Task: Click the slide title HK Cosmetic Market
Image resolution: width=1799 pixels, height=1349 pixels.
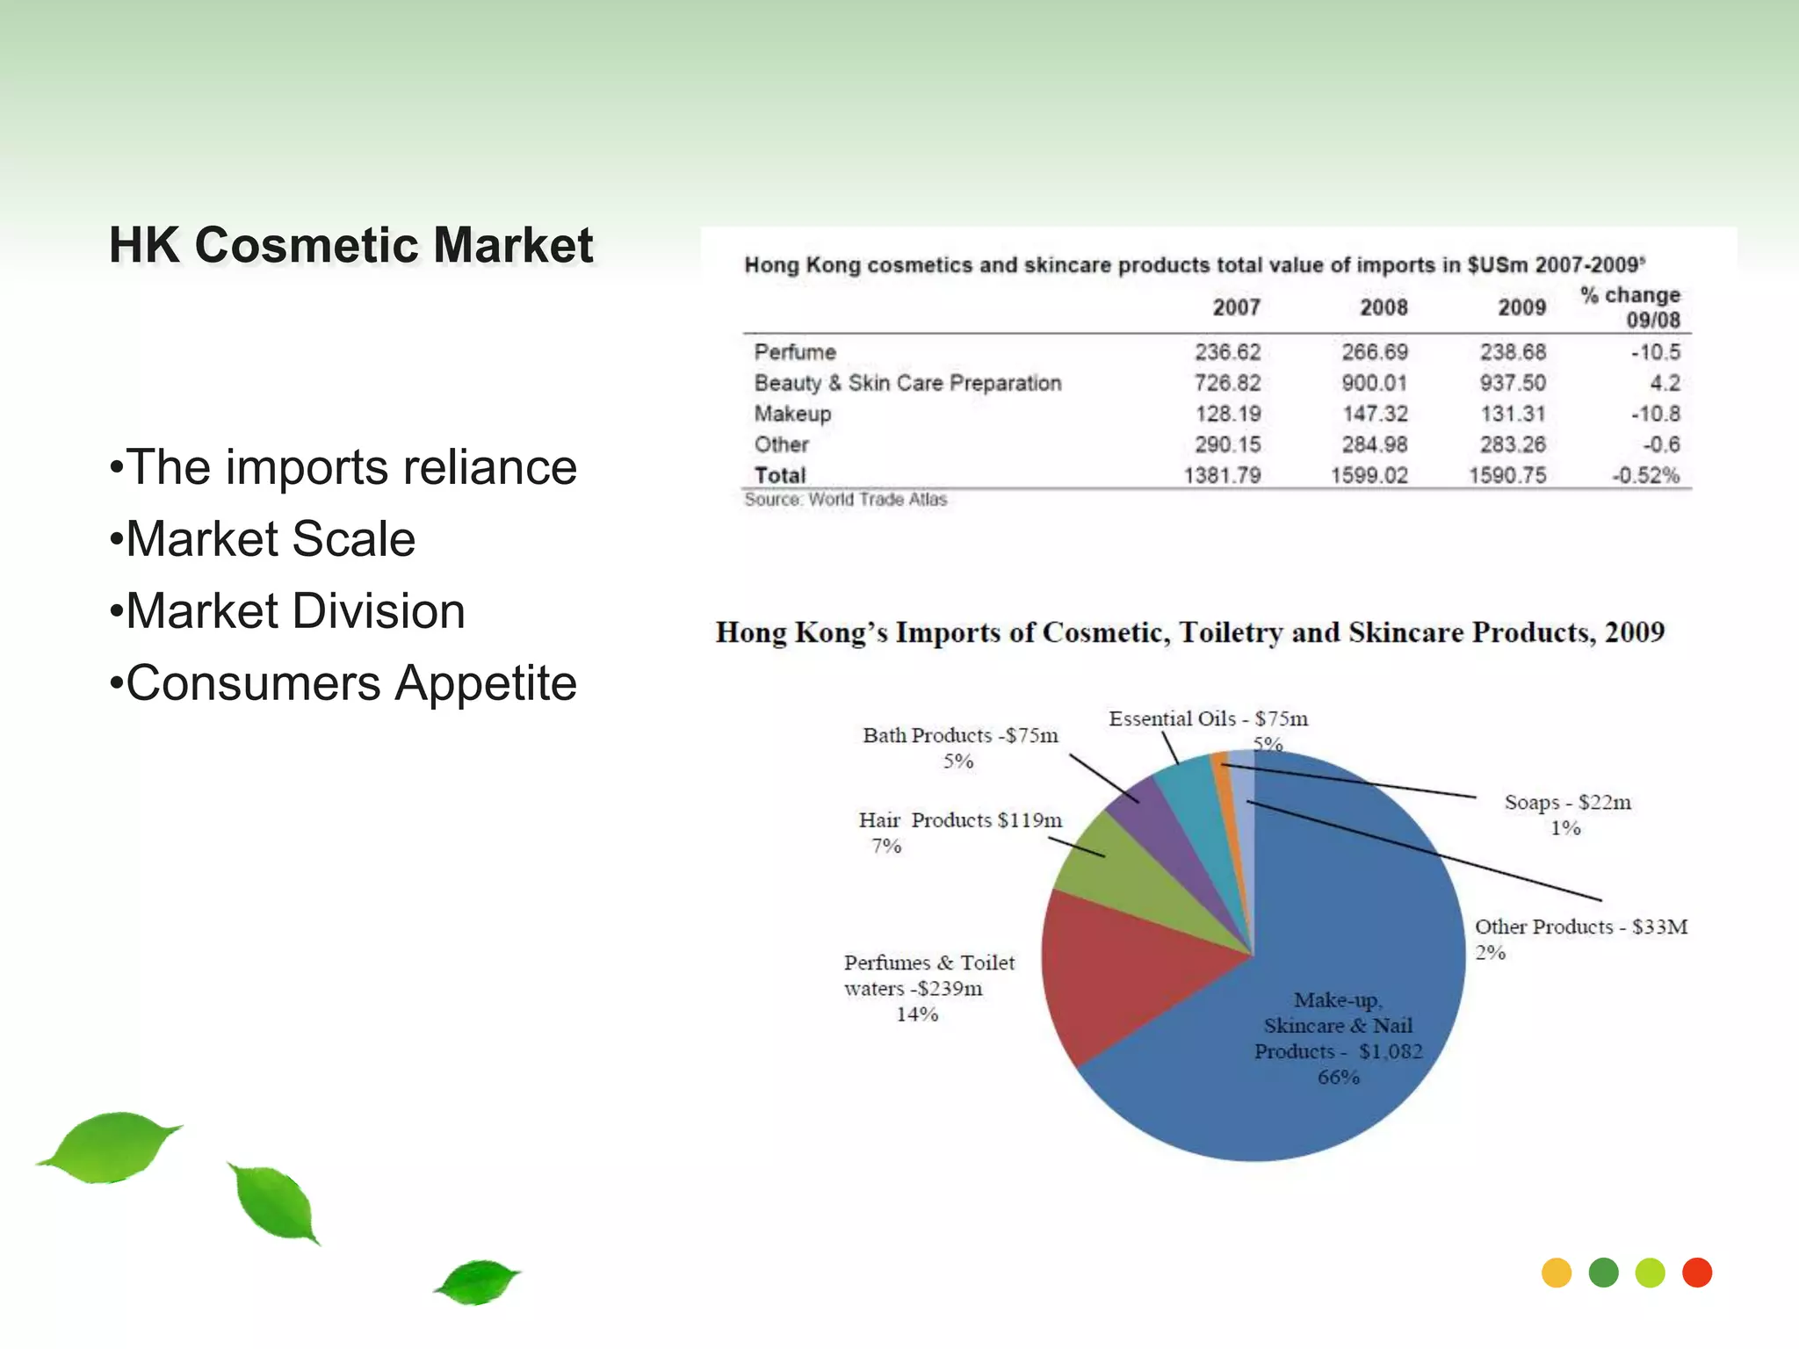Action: [350, 245]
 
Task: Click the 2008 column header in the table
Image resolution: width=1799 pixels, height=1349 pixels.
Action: [1384, 307]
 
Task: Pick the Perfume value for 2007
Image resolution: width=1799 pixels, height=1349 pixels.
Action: [1227, 352]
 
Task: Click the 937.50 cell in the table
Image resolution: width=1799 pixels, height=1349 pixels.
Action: [1512, 383]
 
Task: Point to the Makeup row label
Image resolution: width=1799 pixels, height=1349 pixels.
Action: [792, 414]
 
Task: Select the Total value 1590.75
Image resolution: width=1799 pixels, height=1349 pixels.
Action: [1506, 475]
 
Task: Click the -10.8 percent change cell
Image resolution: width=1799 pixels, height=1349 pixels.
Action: [1655, 414]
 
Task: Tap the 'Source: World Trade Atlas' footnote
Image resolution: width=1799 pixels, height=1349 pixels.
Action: [845, 500]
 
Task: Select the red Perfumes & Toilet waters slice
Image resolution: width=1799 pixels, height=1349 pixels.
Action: [1124, 975]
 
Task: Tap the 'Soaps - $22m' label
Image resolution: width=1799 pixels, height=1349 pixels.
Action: [1567, 803]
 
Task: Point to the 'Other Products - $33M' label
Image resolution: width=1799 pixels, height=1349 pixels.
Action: [1580, 927]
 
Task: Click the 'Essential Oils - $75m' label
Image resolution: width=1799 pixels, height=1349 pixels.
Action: [1208, 719]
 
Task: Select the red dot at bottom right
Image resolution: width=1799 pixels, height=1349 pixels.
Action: [1696, 1273]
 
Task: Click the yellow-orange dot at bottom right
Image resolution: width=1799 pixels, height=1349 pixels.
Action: [1557, 1273]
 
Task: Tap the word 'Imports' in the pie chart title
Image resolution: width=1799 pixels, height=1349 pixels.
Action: [947, 633]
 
